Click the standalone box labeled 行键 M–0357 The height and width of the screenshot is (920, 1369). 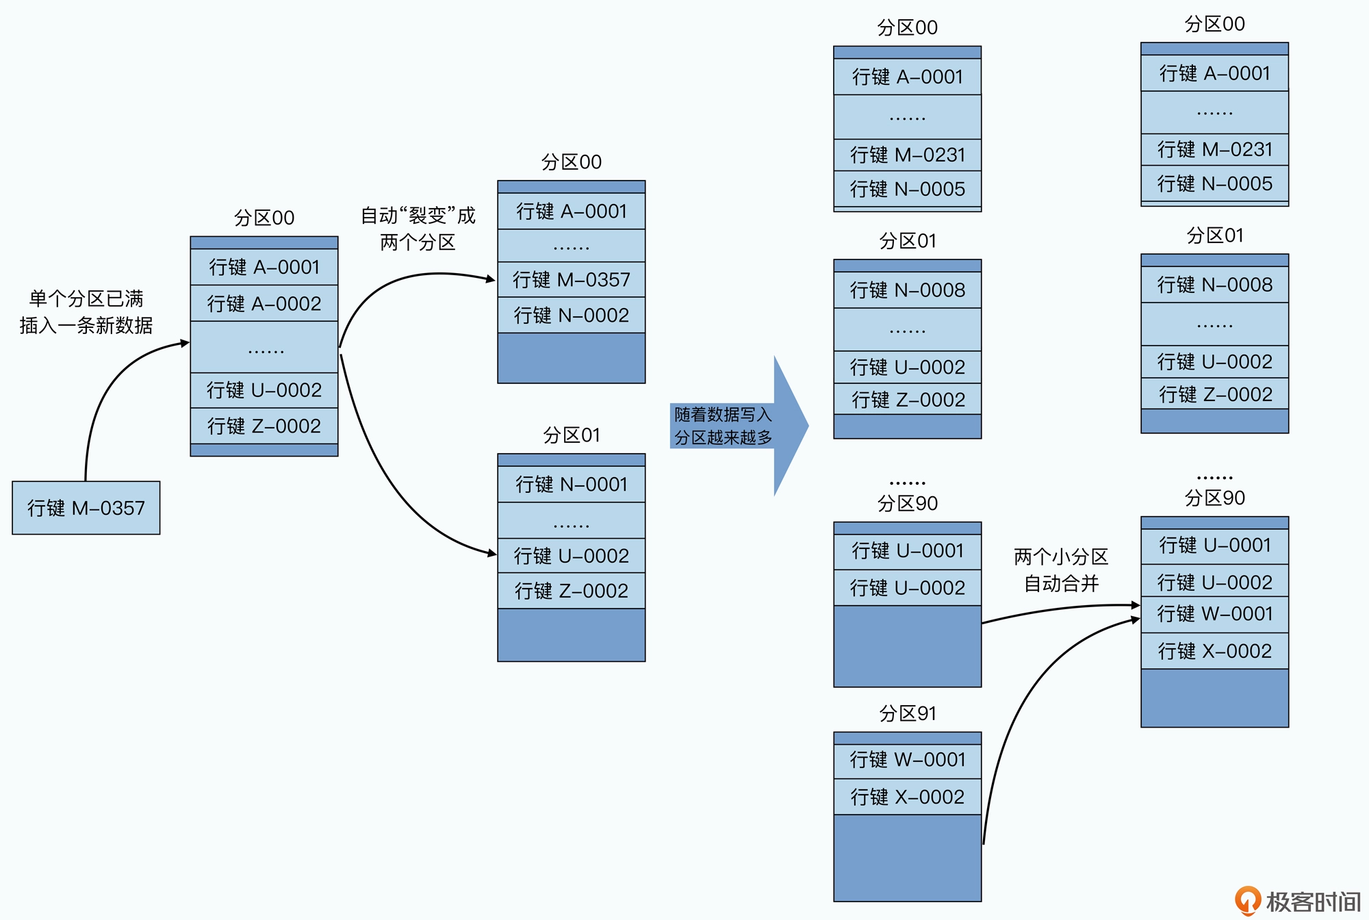click(x=86, y=508)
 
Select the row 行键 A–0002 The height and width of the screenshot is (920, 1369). click(x=264, y=303)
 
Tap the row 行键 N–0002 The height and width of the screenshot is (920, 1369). click(x=571, y=315)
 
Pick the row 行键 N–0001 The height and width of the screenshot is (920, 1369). click(x=571, y=485)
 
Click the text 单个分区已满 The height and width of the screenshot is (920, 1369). click(x=86, y=298)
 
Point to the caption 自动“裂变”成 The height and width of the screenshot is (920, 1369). click(x=418, y=216)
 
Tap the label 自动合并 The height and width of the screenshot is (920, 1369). click(x=1061, y=584)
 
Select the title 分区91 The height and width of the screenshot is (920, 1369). click(x=907, y=713)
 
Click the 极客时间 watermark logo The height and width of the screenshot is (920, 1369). click(x=1298, y=902)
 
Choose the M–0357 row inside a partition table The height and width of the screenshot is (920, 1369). click(x=571, y=279)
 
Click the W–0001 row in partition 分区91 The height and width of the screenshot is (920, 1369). click(x=907, y=760)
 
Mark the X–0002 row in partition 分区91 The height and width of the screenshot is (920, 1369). click(x=907, y=797)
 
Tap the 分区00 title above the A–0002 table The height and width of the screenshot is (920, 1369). click(x=264, y=218)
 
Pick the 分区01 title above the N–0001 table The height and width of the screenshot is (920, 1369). click(x=571, y=435)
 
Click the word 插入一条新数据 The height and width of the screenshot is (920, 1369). click(x=86, y=325)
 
